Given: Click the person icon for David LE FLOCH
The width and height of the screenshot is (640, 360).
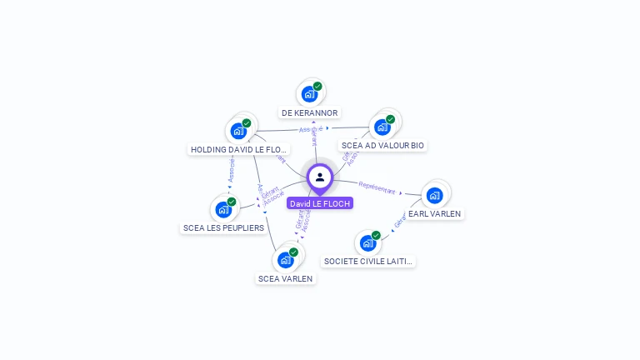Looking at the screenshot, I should point(320,177).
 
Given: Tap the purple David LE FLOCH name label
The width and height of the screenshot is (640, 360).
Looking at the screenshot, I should point(320,203).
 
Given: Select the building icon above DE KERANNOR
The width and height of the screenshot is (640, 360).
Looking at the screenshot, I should point(309,93).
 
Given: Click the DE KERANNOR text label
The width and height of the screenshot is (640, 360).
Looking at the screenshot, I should point(309,112).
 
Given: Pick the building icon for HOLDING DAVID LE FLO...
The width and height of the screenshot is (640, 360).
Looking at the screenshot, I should point(238,131).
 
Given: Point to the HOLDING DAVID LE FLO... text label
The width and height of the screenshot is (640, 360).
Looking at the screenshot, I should point(239,150).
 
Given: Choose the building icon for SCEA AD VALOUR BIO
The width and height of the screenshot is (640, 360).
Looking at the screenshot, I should point(382,127).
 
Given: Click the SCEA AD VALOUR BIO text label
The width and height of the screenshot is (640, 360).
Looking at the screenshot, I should point(382,145).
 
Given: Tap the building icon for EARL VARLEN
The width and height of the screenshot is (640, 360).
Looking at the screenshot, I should point(433,195).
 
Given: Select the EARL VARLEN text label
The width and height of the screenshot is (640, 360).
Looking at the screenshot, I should point(434,213).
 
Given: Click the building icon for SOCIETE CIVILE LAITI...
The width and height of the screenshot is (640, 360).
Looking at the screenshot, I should point(367,243).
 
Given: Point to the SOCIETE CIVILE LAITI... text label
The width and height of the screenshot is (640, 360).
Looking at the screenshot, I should point(368,262).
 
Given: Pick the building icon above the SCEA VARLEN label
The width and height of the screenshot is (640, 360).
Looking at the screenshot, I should point(286,260).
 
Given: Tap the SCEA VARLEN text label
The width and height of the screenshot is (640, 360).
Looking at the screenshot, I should point(286,278).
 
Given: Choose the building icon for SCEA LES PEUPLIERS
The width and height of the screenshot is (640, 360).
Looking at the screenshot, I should point(223,209).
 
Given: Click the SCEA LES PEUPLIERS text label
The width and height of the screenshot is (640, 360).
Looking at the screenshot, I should point(223,227).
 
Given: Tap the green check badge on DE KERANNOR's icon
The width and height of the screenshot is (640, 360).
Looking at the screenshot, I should point(317,86).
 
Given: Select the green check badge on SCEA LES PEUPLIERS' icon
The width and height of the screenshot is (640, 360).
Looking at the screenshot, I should point(232,202).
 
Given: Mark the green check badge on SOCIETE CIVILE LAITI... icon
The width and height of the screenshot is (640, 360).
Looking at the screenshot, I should point(376,236).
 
